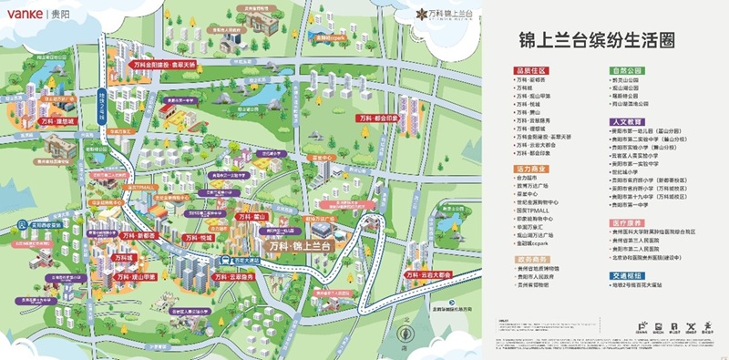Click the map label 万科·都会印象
(x=377, y=118)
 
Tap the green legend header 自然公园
(x=628, y=69)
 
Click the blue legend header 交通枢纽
(x=628, y=274)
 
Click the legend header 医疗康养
(x=628, y=221)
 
